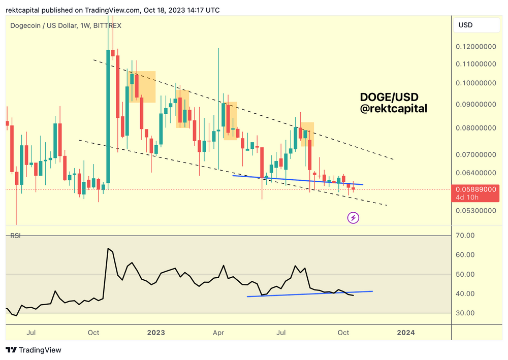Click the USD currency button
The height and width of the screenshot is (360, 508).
click(466, 25)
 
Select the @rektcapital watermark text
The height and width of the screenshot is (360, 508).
click(393, 108)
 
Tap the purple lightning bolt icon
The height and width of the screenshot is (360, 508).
click(353, 218)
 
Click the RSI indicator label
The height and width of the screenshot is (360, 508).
click(15, 236)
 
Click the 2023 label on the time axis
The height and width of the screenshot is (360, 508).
click(156, 333)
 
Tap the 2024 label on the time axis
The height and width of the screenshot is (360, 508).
click(405, 333)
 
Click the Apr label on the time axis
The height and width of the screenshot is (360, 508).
click(218, 333)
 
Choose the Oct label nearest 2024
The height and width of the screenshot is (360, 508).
click(343, 333)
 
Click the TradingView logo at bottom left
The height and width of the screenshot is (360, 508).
click(34, 350)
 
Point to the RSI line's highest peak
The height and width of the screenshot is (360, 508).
click(108, 249)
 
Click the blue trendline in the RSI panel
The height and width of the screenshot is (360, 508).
click(310, 294)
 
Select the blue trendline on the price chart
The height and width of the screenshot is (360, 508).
click(297, 180)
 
